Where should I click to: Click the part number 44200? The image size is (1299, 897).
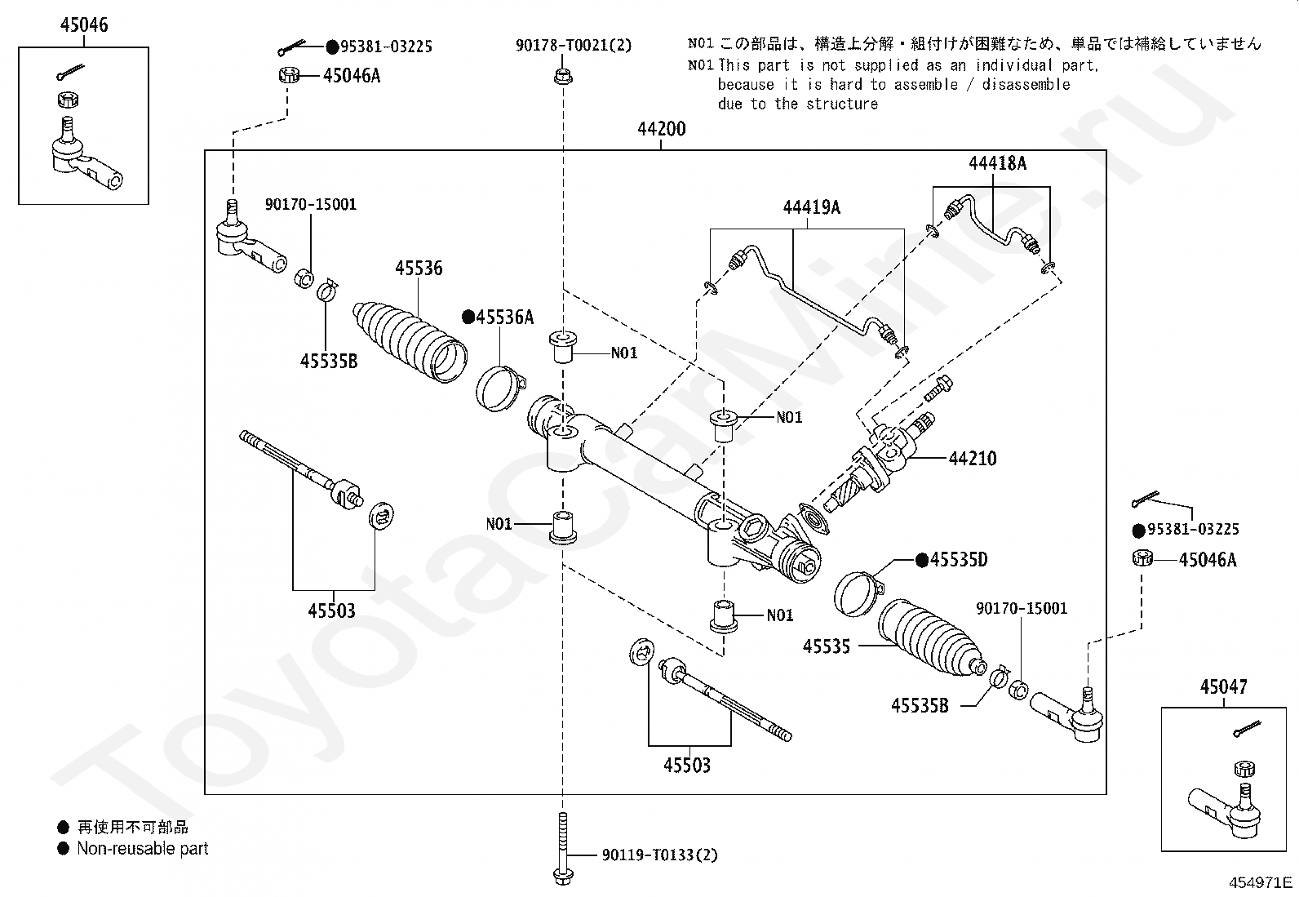click(x=661, y=129)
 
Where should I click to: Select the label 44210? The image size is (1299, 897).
click(x=973, y=459)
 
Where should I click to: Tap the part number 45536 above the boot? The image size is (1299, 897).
click(x=419, y=268)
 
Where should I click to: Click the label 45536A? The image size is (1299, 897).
click(x=505, y=318)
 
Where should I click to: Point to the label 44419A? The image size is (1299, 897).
click(x=811, y=207)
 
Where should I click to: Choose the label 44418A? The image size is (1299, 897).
click(x=997, y=163)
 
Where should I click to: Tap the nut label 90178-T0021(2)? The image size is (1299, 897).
click(x=574, y=46)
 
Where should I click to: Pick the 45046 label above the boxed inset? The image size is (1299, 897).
click(x=83, y=25)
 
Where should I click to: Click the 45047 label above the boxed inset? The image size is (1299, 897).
click(x=1223, y=687)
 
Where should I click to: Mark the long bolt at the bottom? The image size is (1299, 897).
click(x=562, y=849)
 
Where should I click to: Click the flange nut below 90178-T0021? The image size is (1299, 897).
click(x=562, y=77)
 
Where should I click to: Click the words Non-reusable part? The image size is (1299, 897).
click(x=142, y=849)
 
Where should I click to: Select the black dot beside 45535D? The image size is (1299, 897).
click(x=921, y=560)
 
